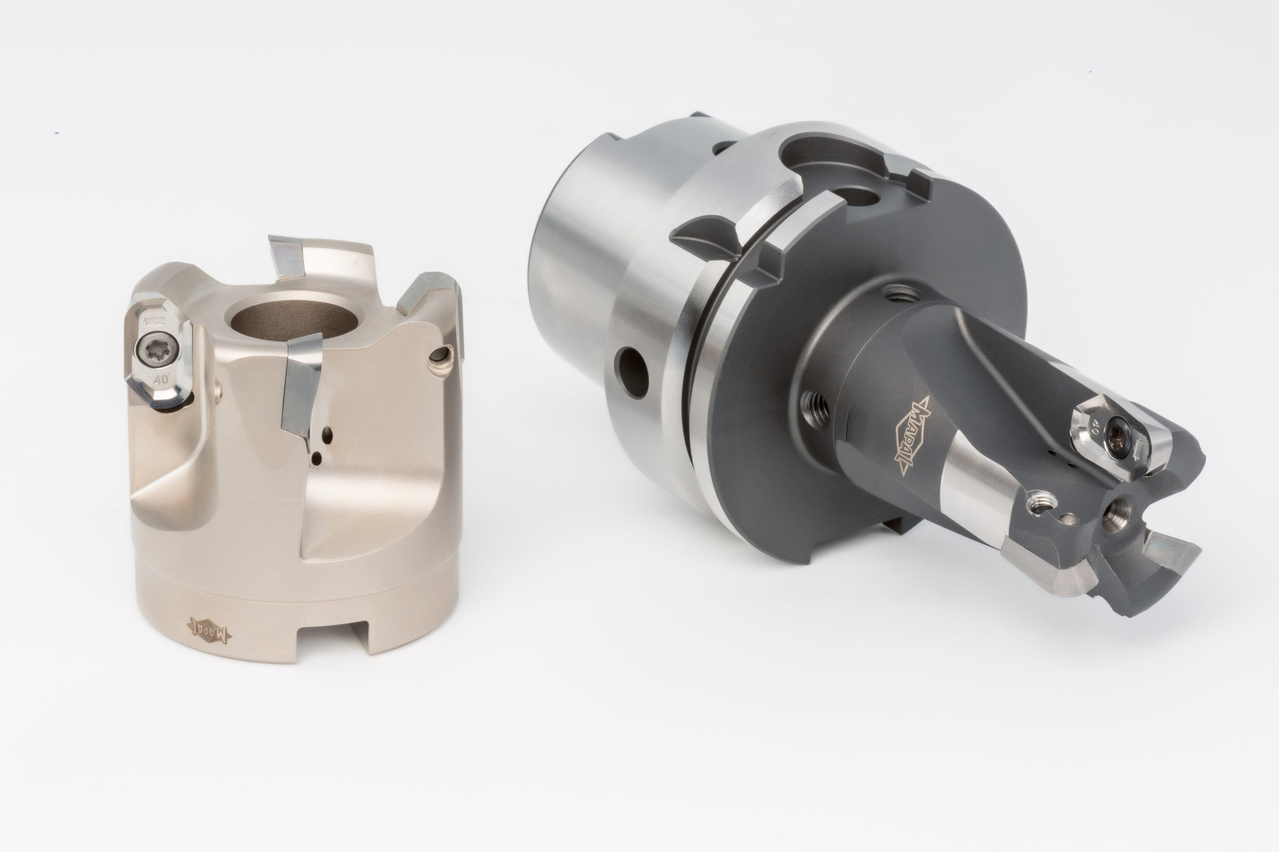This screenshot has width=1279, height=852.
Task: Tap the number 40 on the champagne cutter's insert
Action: [x=160, y=380]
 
